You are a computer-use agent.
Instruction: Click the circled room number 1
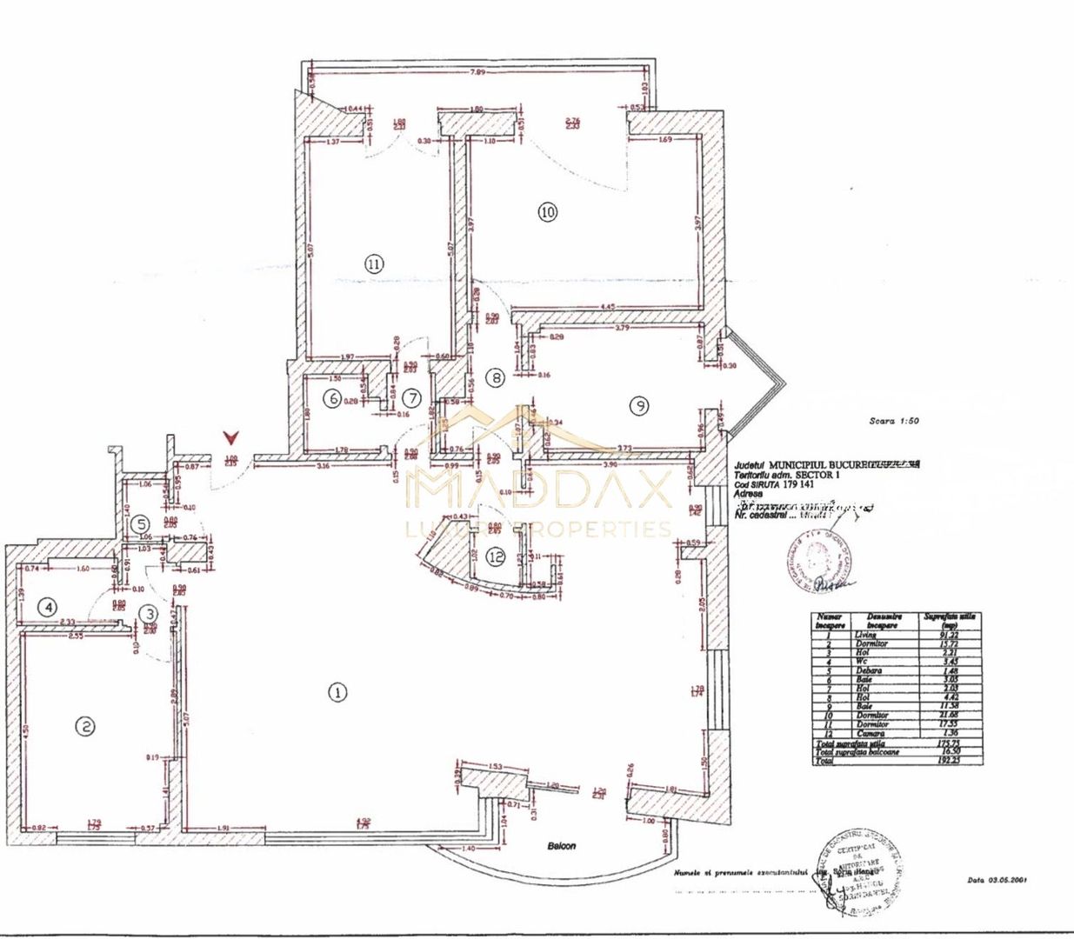[x=337, y=692]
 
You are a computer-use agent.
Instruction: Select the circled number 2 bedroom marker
[x=84, y=726]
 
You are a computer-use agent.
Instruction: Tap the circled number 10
[x=547, y=211]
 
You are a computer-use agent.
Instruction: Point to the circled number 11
[x=374, y=263]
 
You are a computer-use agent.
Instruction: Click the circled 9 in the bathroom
[x=639, y=406]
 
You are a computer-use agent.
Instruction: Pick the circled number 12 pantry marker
[x=496, y=557]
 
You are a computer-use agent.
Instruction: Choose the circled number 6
[x=331, y=399]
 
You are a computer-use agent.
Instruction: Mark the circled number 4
[x=50, y=606]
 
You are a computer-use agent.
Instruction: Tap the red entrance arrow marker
[x=230, y=436]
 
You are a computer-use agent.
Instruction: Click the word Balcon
[x=561, y=845]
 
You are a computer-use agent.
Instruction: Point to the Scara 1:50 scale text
[x=894, y=421]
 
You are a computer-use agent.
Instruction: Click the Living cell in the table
[x=865, y=635]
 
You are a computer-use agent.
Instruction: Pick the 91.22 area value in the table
[x=950, y=635]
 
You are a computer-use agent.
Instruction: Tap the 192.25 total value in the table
[x=950, y=760]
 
